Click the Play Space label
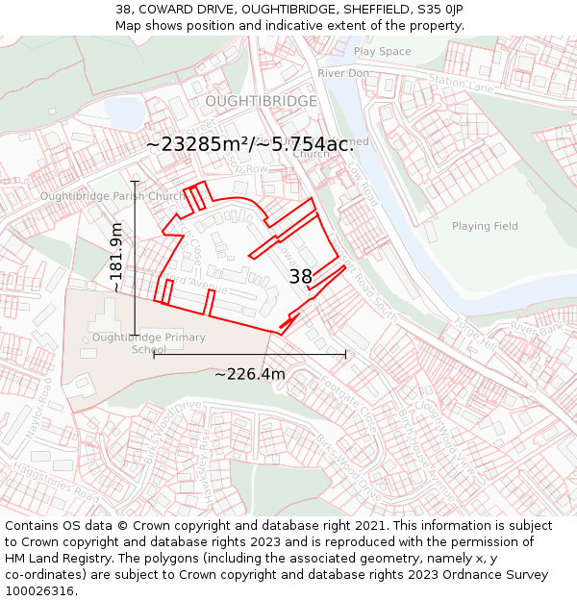tap(382, 51)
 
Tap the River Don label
tap(343, 73)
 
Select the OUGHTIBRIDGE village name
tap(261, 101)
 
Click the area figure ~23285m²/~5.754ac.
tap(250, 144)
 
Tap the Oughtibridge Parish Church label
tap(112, 197)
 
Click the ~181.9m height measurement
tap(117, 258)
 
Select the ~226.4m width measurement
tap(249, 374)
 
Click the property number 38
tap(301, 277)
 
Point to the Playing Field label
tap(485, 226)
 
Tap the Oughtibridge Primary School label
tap(149, 343)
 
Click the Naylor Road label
tap(45, 403)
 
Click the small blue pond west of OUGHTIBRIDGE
tap(123, 113)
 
